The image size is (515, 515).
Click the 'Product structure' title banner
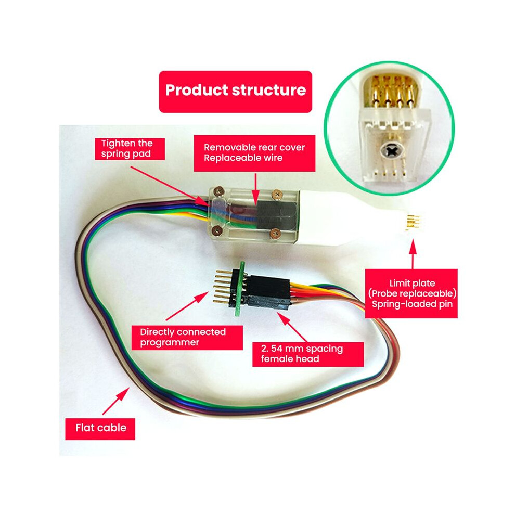pyautogui.click(x=235, y=92)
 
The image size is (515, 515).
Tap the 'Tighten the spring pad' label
pyautogui.click(x=130, y=149)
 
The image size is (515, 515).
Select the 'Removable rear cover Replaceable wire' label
pyautogui.click(x=254, y=153)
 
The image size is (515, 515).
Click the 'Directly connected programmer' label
pyautogui.click(x=187, y=338)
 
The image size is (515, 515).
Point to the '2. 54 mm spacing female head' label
pyautogui.click(x=308, y=354)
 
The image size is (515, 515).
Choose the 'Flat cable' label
pyautogui.click(x=100, y=429)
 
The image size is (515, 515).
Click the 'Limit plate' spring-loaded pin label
pyautogui.click(x=411, y=293)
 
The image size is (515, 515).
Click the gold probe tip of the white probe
pyautogui.click(x=413, y=222)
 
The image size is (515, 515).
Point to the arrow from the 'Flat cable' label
pyautogui.click(x=116, y=401)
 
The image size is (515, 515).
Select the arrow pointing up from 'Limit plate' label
pyautogui.click(x=413, y=254)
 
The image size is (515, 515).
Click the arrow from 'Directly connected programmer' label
pyautogui.click(x=187, y=306)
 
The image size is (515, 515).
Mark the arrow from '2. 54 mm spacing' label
pyautogui.click(x=292, y=327)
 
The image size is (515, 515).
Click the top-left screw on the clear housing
pyautogui.click(x=218, y=190)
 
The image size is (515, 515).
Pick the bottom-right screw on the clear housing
pyautogui.click(x=275, y=234)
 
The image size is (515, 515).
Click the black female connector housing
pyautogui.click(x=268, y=292)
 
